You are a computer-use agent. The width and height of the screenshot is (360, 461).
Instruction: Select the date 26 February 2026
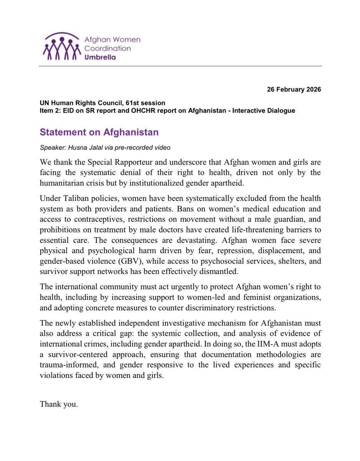point(294,90)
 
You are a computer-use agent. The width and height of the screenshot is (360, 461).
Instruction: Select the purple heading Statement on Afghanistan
point(99,133)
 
